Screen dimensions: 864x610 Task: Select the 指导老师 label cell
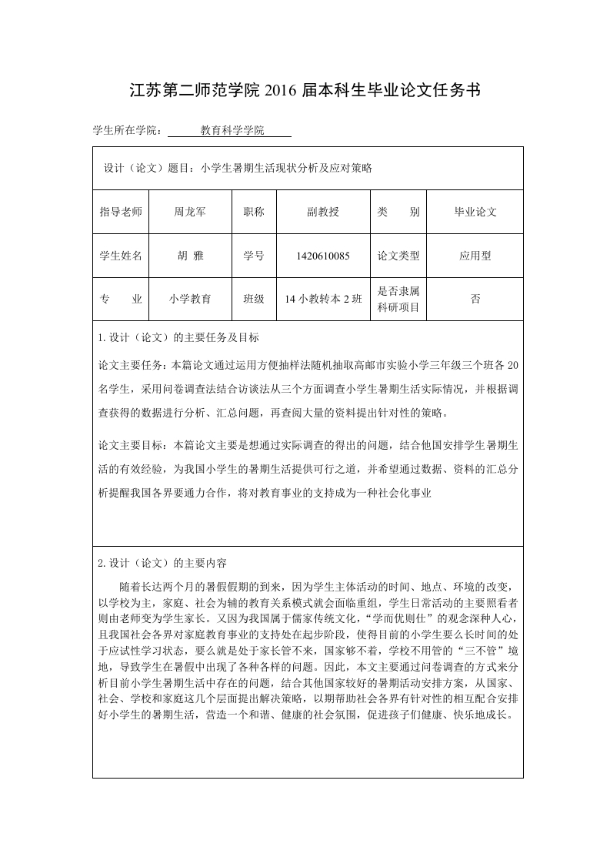(x=121, y=212)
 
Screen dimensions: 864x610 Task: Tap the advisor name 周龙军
(x=190, y=212)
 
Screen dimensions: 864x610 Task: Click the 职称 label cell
(x=254, y=212)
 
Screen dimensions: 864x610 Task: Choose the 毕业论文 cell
(x=475, y=212)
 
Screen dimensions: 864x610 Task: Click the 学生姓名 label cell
(x=121, y=256)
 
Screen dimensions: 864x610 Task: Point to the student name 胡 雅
(x=190, y=256)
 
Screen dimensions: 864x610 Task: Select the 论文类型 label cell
(x=398, y=256)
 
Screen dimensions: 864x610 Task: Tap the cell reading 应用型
(x=475, y=256)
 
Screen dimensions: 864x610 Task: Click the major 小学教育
(x=190, y=300)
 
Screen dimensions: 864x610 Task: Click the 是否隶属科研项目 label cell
(x=398, y=300)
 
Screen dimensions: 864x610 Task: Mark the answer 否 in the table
(x=475, y=300)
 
